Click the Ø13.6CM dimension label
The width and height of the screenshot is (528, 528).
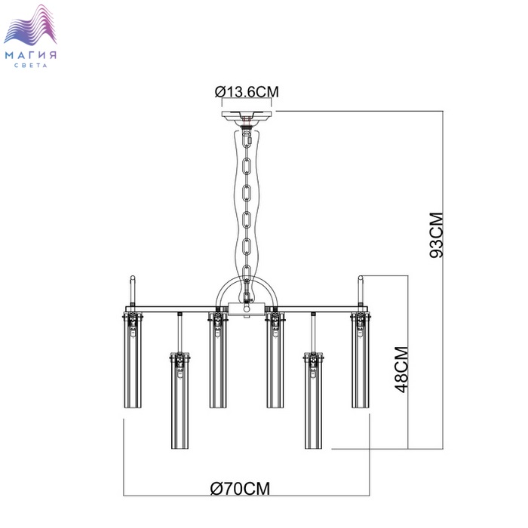pos(247,92)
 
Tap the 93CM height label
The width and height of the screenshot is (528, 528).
pos(437,235)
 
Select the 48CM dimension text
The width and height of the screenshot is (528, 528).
pos(402,370)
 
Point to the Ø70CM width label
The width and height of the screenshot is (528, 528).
pos(240,489)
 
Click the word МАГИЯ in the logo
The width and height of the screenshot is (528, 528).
pos(31,55)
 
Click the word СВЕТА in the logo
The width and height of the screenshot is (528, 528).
pos(31,66)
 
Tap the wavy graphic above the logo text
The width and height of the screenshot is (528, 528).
pos(30,25)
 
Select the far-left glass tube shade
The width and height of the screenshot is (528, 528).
pos(133,361)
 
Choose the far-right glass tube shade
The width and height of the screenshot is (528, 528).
pos(361,361)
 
